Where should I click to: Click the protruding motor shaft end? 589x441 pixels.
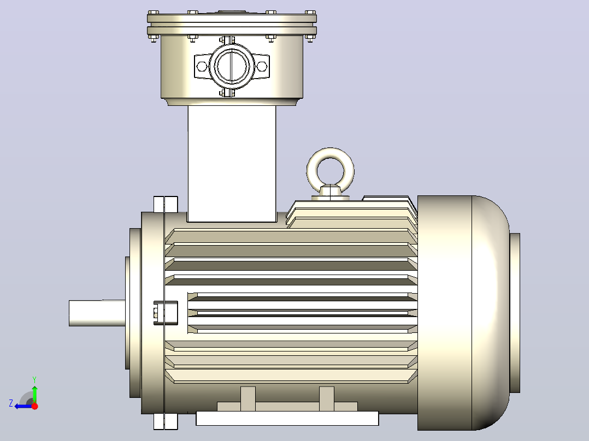click(97, 313)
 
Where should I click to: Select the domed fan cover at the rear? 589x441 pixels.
click(463, 313)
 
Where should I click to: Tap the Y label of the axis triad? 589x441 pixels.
click(34, 379)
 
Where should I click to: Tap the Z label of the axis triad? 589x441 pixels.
click(11, 403)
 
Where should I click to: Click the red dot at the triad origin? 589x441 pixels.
click(35, 406)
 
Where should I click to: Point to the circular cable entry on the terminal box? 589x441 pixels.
click(232, 67)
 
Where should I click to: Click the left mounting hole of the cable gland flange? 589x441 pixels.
click(202, 67)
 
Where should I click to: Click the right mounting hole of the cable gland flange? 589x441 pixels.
click(262, 67)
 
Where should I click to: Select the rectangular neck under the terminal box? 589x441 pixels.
click(232, 164)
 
